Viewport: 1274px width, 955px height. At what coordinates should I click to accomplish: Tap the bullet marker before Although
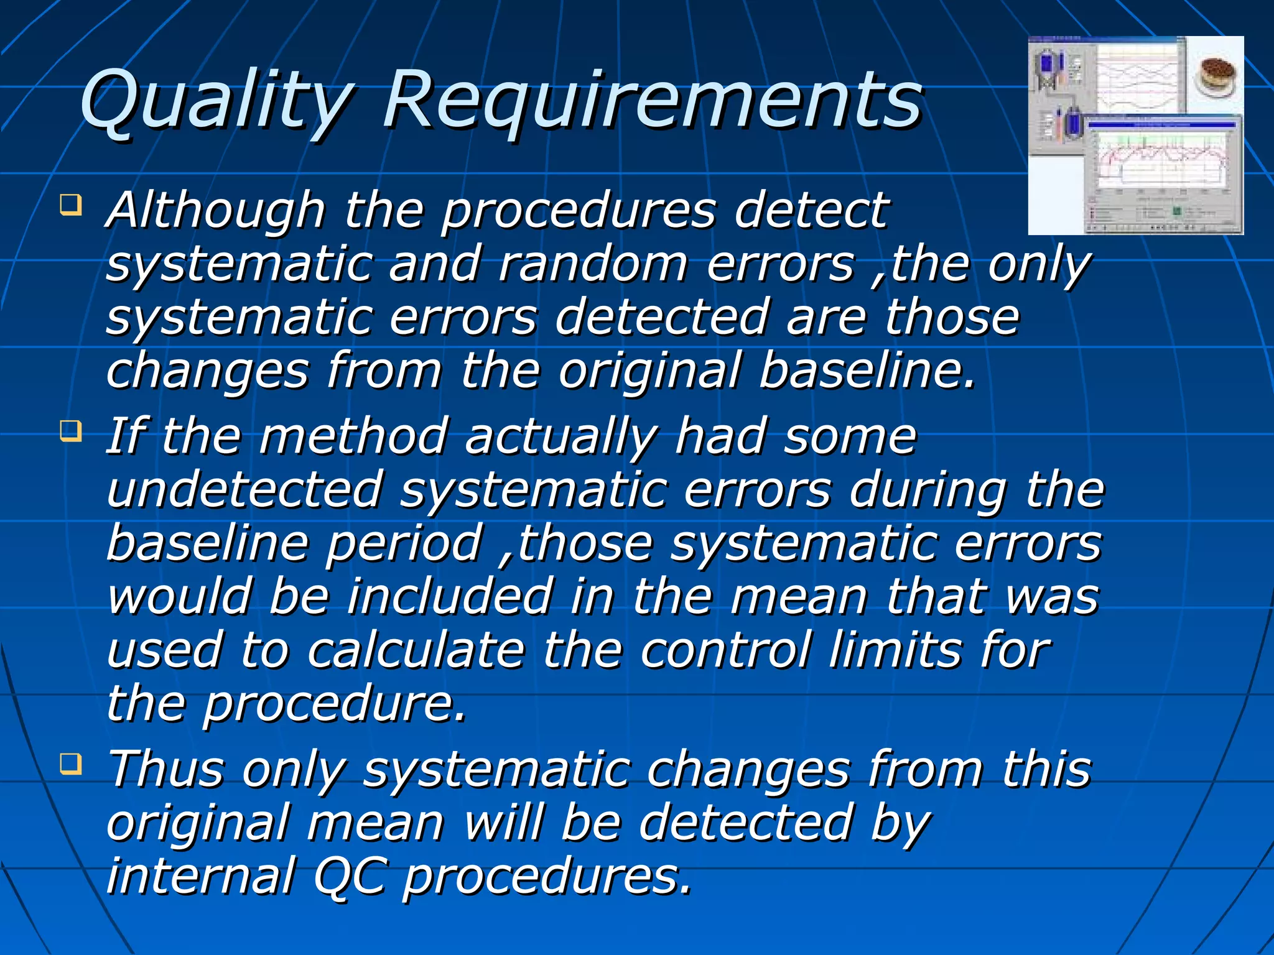point(71,205)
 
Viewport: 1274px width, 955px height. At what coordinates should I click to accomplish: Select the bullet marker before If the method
point(71,430)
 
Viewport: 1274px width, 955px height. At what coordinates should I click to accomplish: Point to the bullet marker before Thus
point(71,764)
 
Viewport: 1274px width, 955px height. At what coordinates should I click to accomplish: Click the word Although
point(215,211)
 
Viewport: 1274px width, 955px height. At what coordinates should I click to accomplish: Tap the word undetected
point(244,491)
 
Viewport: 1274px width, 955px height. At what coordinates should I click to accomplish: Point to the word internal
point(200,876)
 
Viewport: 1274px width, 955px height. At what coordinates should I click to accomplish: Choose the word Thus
point(165,770)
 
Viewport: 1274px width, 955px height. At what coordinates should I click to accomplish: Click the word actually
point(560,438)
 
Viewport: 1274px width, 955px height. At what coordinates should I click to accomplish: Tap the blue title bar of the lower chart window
point(1161,125)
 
